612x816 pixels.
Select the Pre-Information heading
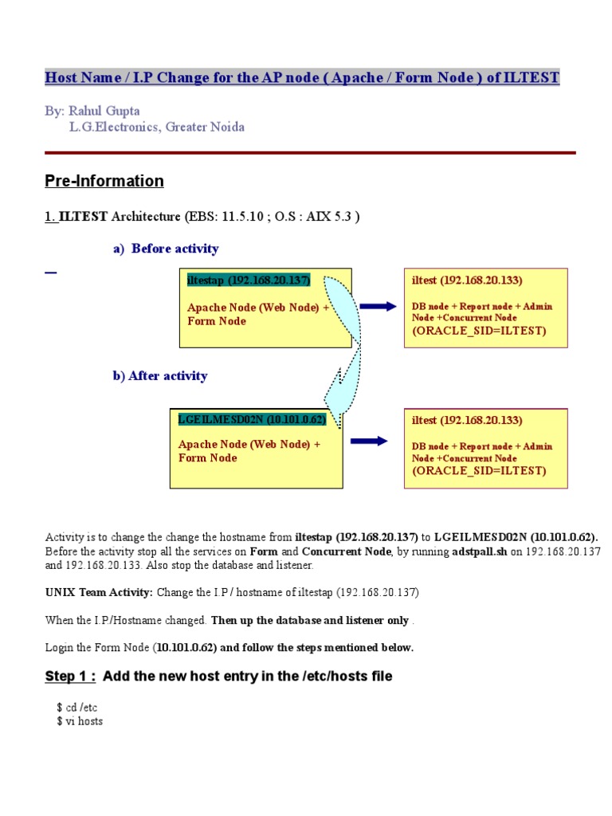(x=104, y=181)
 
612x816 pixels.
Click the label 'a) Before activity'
(x=165, y=249)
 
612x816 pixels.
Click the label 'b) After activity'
(x=159, y=375)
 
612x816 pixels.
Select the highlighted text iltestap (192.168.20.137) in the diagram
(x=248, y=280)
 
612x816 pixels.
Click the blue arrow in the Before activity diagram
(x=378, y=306)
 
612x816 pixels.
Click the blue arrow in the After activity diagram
(x=368, y=441)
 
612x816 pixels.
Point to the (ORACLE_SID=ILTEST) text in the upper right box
(x=479, y=331)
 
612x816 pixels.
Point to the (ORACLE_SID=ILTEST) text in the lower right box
(x=479, y=470)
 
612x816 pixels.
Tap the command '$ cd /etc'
(x=76, y=707)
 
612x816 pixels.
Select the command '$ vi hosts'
(x=80, y=721)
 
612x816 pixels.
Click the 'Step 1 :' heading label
(x=70, y=677)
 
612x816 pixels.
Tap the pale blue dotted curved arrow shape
(x=343, y=343)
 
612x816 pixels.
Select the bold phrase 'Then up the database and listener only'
(x=310, y=620)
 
